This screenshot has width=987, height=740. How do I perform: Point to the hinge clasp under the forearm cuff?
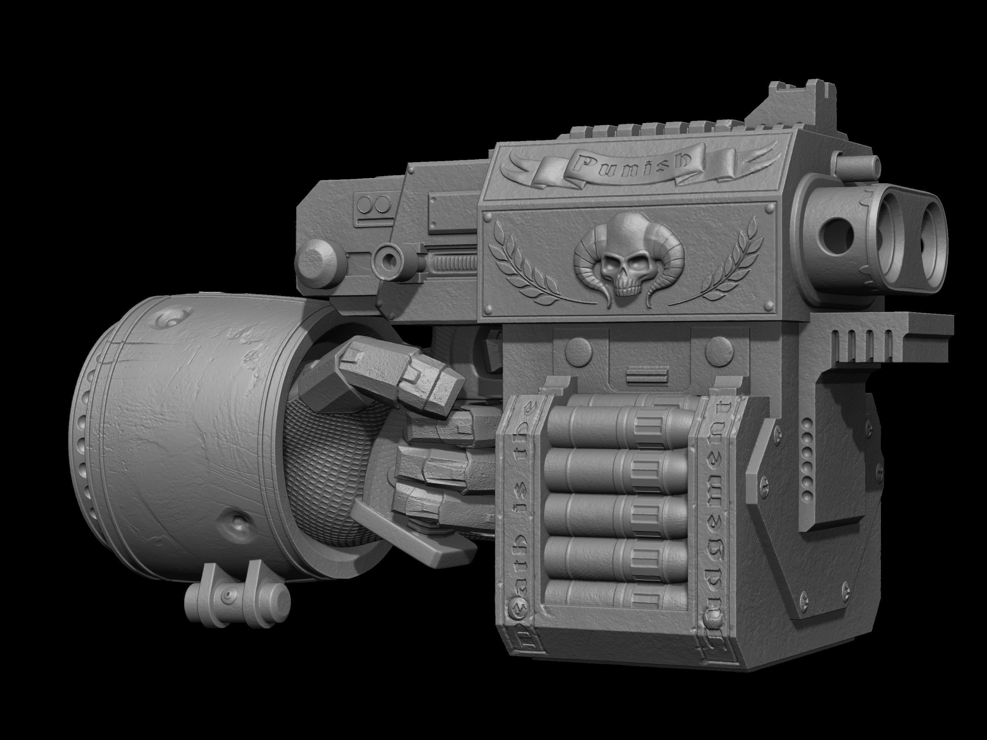point(237,596)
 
